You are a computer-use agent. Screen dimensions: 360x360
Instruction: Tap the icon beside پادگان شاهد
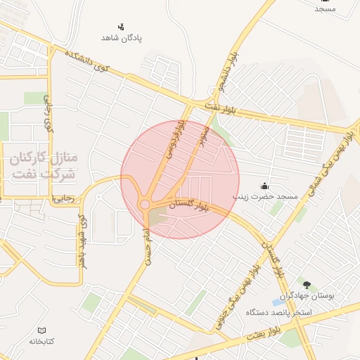click(121, 27)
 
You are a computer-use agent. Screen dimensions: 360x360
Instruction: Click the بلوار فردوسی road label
click(175, 140)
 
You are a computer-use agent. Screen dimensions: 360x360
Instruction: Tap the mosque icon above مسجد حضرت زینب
click(264, 186)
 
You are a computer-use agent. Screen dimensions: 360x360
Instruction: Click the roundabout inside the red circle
click(144, 204)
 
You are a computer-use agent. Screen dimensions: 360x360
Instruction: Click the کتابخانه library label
click(41, 341)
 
